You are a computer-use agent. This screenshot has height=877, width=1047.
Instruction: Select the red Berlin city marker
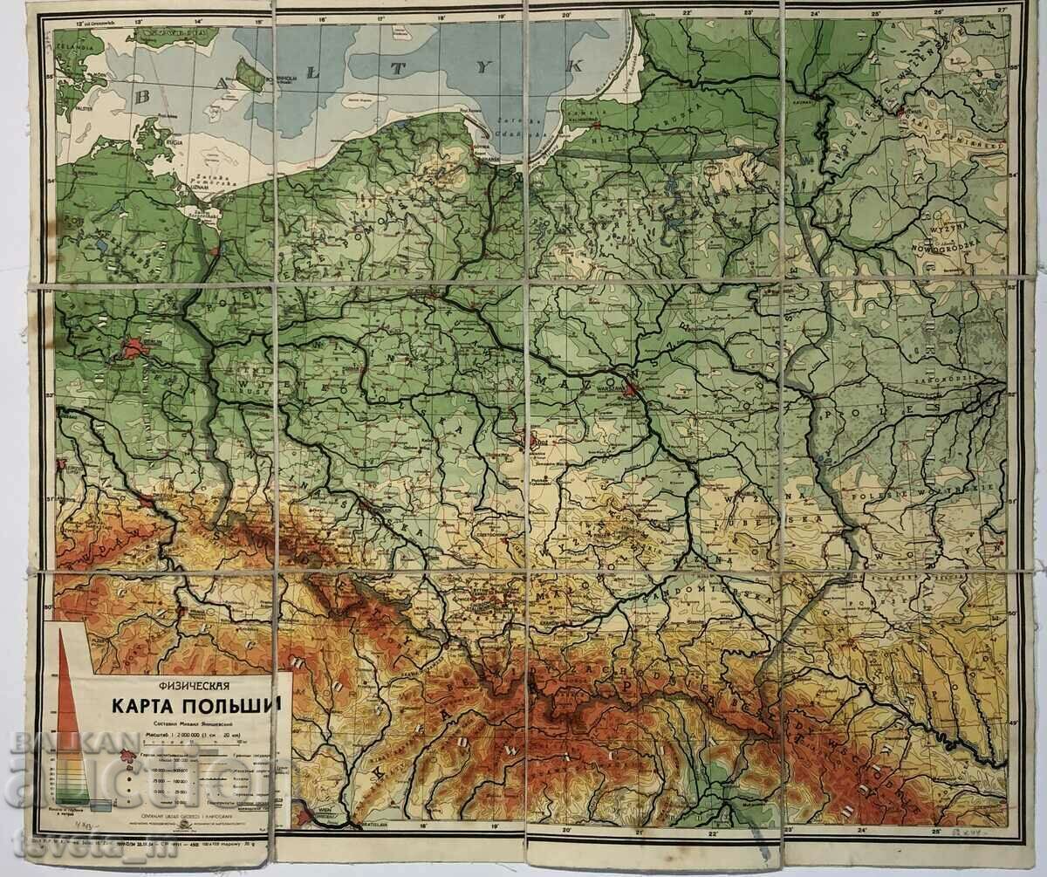click(133, 349)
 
